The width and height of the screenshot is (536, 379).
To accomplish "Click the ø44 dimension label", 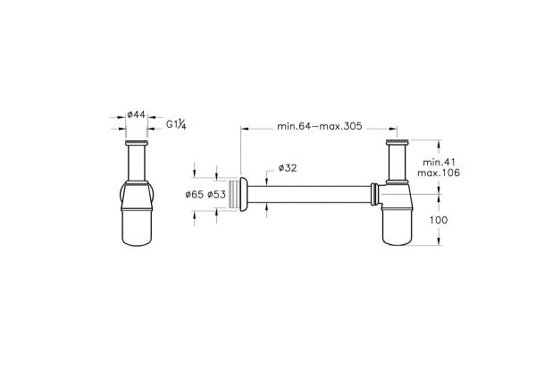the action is click(x=136, y=114).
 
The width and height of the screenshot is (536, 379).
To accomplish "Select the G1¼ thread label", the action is click(x=176, y=124).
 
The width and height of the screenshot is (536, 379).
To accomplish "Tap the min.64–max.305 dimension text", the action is click(x=319, y=126).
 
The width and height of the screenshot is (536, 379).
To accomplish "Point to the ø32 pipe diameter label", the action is click(x=288, y=168).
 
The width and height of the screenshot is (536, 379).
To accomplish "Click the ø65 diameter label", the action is click(x=194, y=195).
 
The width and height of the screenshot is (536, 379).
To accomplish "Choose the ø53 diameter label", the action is click(x=216, y=195).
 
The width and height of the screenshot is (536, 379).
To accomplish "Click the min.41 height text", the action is click(x=439, y=162).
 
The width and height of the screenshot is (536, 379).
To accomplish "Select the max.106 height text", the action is click(x=439, y=173).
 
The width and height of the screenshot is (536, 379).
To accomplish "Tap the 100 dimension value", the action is click(x=439, y=220).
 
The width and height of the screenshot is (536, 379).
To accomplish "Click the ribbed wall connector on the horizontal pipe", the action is click(x=234, y=194).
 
